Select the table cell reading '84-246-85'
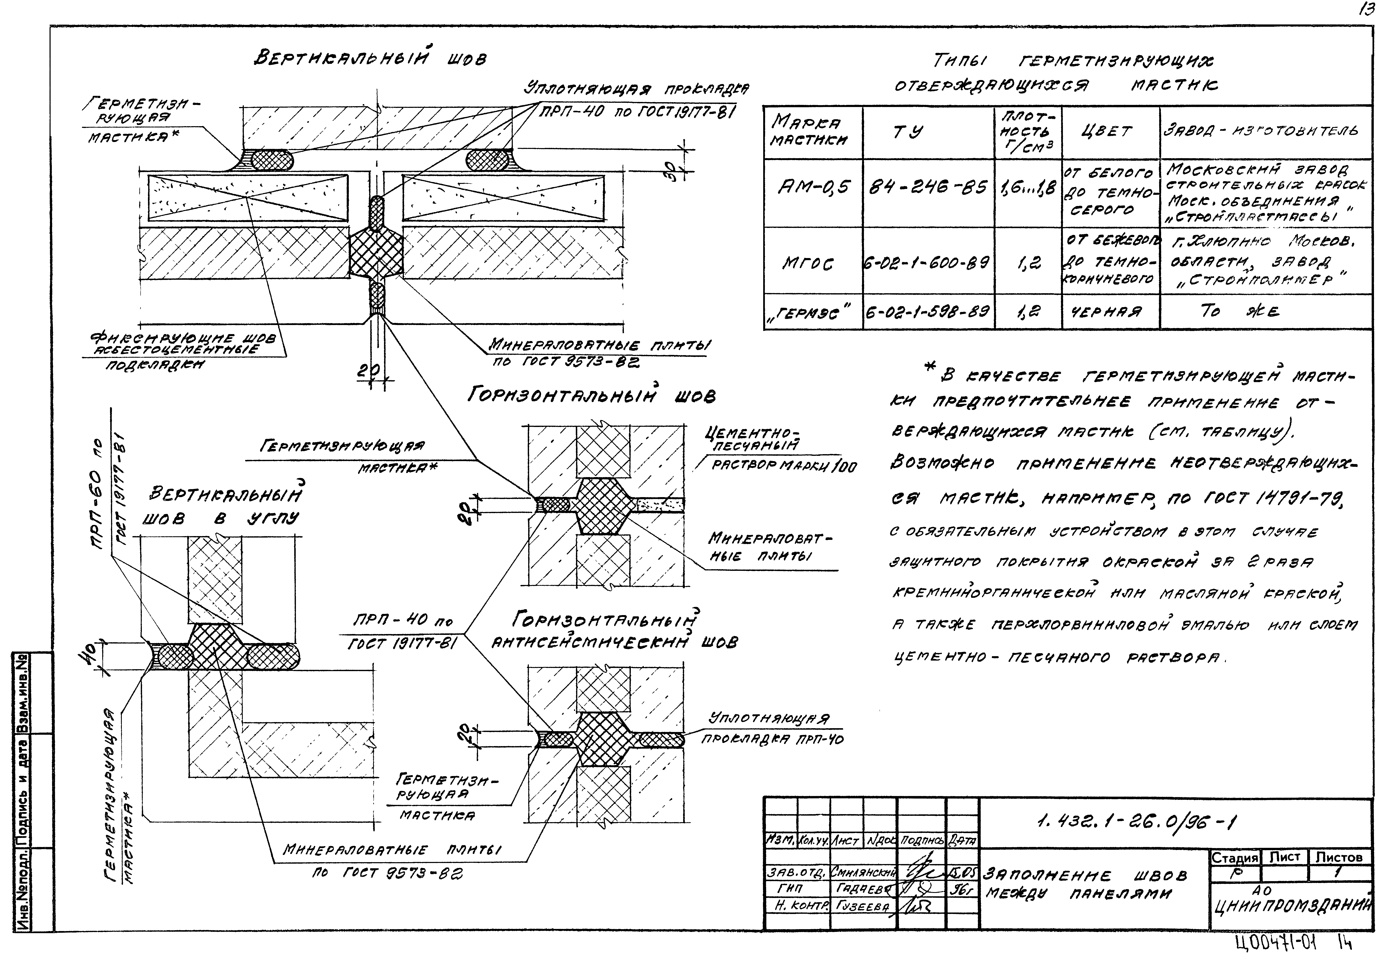(928, 189)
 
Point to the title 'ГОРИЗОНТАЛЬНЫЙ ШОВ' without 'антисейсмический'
(591, 396)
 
